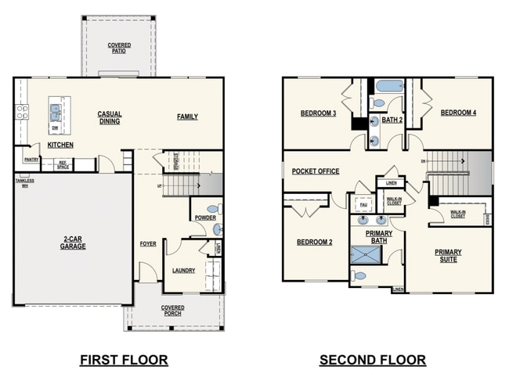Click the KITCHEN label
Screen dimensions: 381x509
60,145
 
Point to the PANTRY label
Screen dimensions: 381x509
31,160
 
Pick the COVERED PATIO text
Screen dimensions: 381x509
119,49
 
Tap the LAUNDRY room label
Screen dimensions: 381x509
183,271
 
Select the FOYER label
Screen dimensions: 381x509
148,244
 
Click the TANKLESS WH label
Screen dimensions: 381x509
24,183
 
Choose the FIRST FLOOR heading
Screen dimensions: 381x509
124,360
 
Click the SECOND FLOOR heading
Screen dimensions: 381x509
373,360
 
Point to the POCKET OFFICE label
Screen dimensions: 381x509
316,171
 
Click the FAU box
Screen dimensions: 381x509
363,205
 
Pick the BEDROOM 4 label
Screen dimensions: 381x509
458,113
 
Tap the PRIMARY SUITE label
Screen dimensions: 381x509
448,256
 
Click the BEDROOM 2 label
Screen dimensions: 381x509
314,242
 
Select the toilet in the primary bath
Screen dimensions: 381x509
358,275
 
